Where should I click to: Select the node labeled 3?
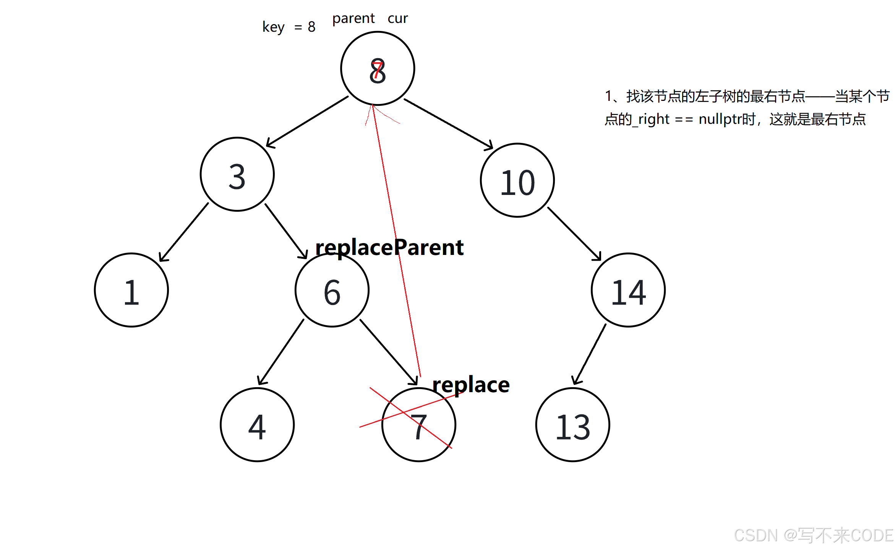237,175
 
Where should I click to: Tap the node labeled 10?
517,180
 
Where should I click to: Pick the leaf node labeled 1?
131,290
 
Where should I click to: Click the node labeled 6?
332,290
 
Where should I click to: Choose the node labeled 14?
628,290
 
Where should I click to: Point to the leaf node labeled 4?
257,425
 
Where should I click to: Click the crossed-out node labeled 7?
419,425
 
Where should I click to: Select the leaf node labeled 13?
572,425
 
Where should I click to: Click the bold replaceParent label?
389,247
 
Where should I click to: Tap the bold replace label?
471,385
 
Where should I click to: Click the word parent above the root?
353,18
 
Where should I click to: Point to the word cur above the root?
397,18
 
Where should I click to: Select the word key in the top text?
273,27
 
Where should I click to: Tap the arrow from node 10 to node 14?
574,234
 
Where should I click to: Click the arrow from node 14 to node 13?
589,354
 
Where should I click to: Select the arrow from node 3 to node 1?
184,232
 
